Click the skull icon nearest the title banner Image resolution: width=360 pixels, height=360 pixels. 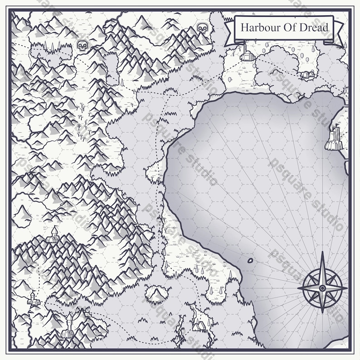coord(202,29)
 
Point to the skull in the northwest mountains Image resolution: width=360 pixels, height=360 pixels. coord(82,45)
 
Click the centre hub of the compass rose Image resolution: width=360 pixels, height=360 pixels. coord(322,287)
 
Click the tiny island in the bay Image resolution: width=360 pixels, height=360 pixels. coord(250,261)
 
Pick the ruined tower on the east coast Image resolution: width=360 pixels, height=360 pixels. coord(334,138)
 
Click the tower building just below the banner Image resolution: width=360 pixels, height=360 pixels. coord(246,53)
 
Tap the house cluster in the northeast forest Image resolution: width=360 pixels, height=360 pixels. coord(307,74)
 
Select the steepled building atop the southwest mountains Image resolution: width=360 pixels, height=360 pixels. coord(53,235)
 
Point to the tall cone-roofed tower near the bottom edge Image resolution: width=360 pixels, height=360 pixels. coord(68,329)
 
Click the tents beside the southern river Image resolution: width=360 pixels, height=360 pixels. coord(199,325)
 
